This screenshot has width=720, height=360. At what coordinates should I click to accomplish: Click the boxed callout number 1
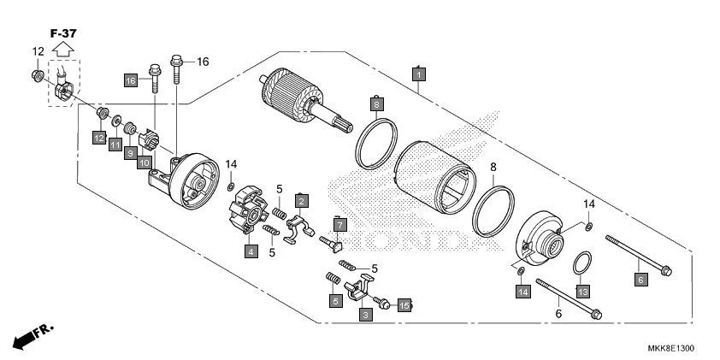(417, 75)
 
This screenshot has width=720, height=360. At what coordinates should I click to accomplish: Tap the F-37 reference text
(62, 32)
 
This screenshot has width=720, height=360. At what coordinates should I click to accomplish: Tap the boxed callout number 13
(582, 292)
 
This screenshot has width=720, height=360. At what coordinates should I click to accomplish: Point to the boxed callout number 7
(339, 225)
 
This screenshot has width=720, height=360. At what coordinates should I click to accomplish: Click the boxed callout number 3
(365, 315)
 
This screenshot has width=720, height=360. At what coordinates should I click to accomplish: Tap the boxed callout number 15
(404, 304)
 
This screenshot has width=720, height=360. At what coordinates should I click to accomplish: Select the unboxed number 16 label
(203, 62)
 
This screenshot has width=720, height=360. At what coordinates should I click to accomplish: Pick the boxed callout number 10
(144, 162)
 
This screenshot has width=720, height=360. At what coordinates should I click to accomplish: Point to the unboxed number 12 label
(38, 52)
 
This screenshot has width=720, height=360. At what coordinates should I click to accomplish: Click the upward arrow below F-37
(62, 50)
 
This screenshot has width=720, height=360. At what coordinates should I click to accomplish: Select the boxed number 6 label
(638, 278)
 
